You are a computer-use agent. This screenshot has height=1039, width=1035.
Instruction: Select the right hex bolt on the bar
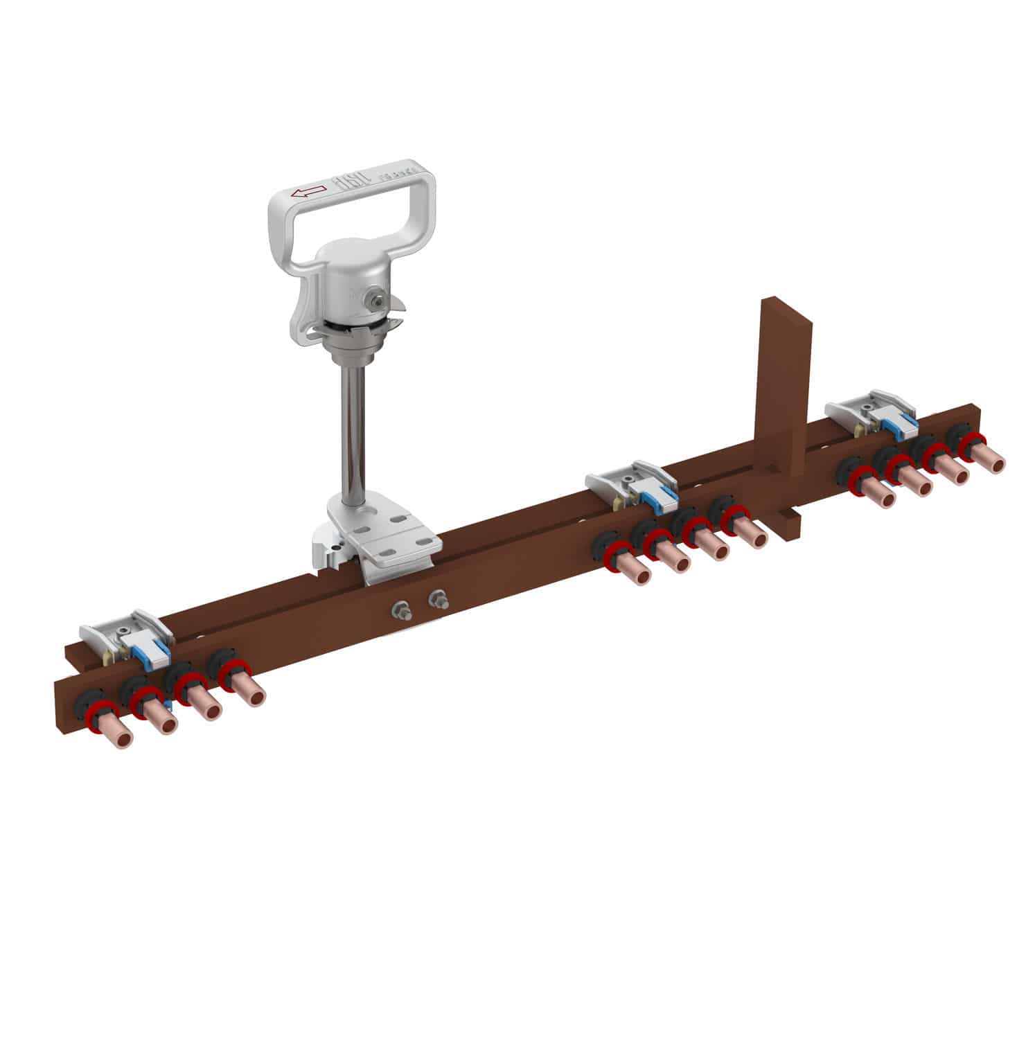tap(436, 599)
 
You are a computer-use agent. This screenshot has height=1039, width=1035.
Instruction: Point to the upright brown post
tap(785, 388)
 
